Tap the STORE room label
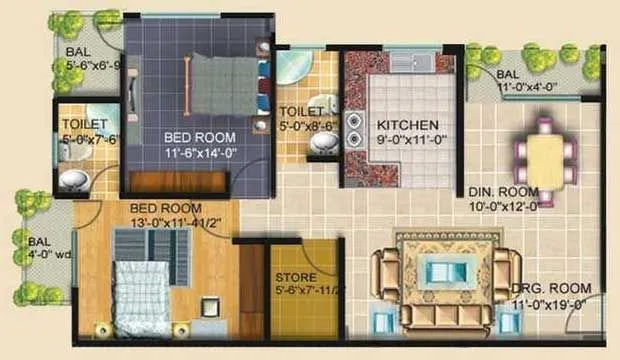click(x=296, y=277)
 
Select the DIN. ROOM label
click(x=504, y=191)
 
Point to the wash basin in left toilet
click(x=73, y=181)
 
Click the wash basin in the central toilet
click(x=322, y=144)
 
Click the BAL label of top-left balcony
click(x=77, y=52)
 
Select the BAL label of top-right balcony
click(x=507, y=74)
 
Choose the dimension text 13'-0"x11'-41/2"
click(x=176, y=223)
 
